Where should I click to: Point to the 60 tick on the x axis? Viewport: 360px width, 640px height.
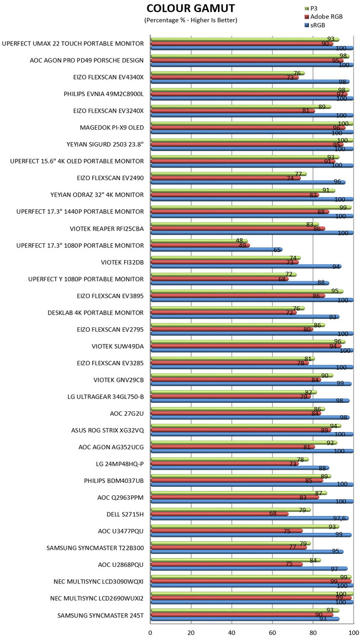point(272,632)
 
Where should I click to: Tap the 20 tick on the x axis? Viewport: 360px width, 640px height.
point(191,632)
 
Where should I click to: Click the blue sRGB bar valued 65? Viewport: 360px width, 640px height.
point(216,250)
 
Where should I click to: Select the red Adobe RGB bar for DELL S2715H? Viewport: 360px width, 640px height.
point(219,514)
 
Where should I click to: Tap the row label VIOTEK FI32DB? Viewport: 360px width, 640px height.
point(122,262)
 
